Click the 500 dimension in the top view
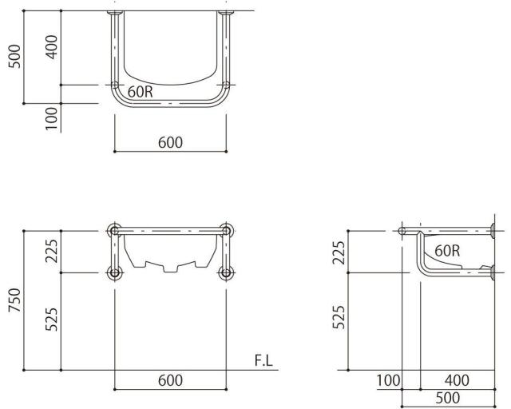coord(14,57)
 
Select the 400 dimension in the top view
coord(51,47)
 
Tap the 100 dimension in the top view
coord(51,119)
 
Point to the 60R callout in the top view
coord(141,92)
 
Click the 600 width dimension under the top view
coord(170,142)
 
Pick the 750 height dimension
coord(14,300)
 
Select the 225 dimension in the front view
coord(51,251)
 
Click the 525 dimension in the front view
coord(51,320)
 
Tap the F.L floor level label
coord(263,361)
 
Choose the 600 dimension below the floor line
coord(170,380)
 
